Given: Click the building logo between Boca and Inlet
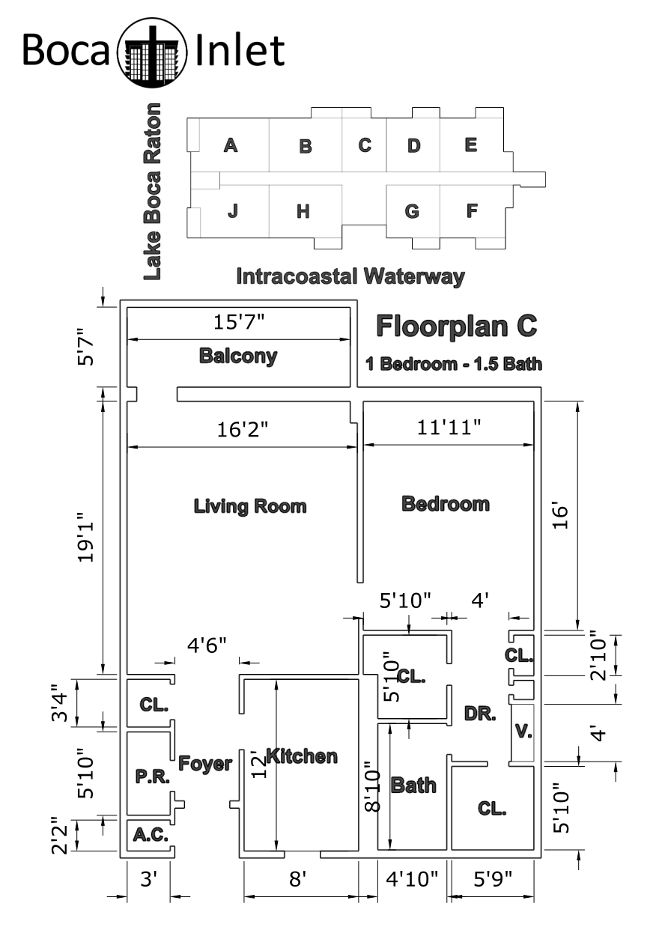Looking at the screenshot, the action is (x=152, y=52).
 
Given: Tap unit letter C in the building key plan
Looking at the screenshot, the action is (x=365, y=145).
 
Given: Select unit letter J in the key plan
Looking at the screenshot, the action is (x=232, y=210).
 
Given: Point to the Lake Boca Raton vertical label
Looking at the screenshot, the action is (x=152, y=192).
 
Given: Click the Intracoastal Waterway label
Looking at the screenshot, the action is (x=350, y=277).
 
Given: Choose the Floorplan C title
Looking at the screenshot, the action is (x=457, y=326).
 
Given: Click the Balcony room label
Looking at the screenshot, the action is (x=238, y=356).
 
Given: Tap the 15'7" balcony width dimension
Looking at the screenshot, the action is (x=239, y=322).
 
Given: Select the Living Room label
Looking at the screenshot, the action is (x=250, y=506).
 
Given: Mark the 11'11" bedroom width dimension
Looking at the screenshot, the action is (x=449, y=428).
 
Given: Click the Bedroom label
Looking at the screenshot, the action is (x=446, y=504).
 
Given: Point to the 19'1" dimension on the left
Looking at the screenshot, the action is (x=85, y=538).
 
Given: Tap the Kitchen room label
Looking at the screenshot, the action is (x=302, y=756).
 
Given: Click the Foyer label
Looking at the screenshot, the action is (x=205, y=764).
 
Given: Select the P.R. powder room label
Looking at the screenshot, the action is (x=152, y=777).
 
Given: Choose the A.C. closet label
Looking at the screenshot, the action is (x=151, y=834).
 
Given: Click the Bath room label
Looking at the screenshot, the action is (x=413, y=785).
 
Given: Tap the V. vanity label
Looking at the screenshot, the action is (x=523, y=731).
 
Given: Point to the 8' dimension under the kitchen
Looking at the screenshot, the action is (x=297, y=879).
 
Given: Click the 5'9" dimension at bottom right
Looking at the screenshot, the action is (x=493, y=879).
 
